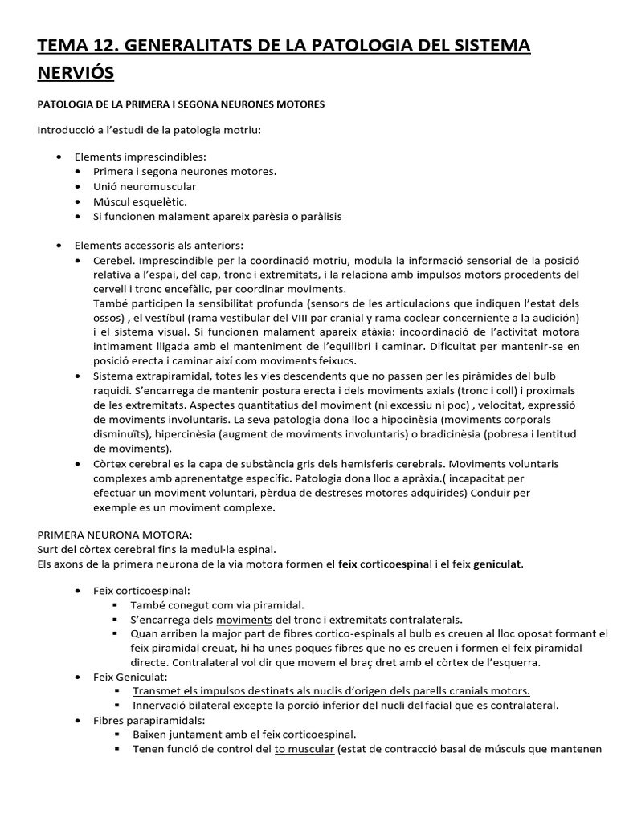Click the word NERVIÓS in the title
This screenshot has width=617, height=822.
(76, 74)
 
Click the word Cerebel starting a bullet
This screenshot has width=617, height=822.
(113, 261)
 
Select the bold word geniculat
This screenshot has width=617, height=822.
(498, 564)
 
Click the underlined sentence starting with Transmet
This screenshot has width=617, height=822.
(331, 690)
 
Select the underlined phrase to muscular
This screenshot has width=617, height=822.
(304, 749)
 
